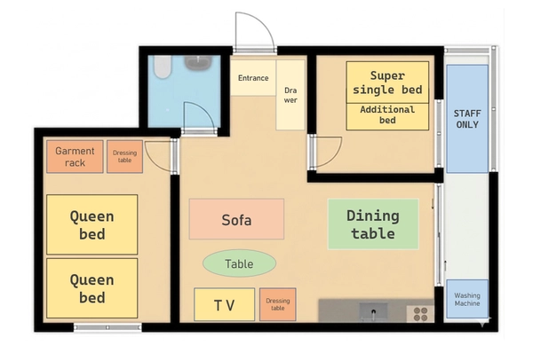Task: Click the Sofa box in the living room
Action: [236, 219]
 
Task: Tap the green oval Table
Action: [239, 263]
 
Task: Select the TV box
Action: [225, 305]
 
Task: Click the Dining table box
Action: [373, 224]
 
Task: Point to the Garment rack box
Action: [75, 157]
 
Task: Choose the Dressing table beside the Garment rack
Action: [124, 157]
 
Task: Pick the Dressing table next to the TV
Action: [278, 305]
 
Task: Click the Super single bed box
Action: [387, 82]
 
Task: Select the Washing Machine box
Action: [467, 299]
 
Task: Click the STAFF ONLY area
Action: [467, 119]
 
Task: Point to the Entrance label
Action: [253, 78]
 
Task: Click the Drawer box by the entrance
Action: [290, 95]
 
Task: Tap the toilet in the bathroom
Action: [163, 67]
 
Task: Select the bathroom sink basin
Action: [198, 63]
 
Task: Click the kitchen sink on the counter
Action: [374, 311]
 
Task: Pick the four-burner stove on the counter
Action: [420, 314]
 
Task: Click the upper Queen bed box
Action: [92, 224]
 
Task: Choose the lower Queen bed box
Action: [92, 288]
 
